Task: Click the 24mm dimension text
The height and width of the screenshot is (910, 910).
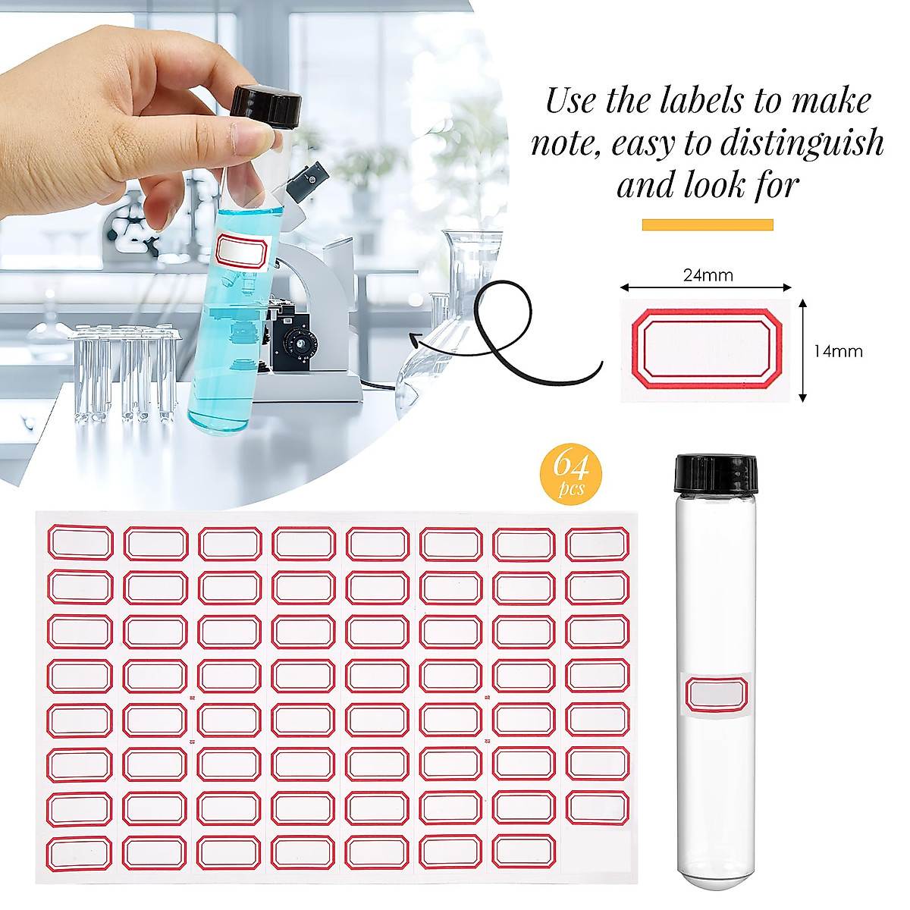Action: click(708, 275)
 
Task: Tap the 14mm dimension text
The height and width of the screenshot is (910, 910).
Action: click(838, 351)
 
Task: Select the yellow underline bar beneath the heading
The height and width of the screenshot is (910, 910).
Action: click(708, 224)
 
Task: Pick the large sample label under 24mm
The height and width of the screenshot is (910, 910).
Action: click(706, 350)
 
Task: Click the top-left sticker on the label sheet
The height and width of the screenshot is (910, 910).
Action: click(80, 543)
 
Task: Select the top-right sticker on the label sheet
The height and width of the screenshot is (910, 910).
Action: click(597, 544)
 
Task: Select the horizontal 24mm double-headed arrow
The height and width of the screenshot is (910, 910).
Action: click(706, 287)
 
